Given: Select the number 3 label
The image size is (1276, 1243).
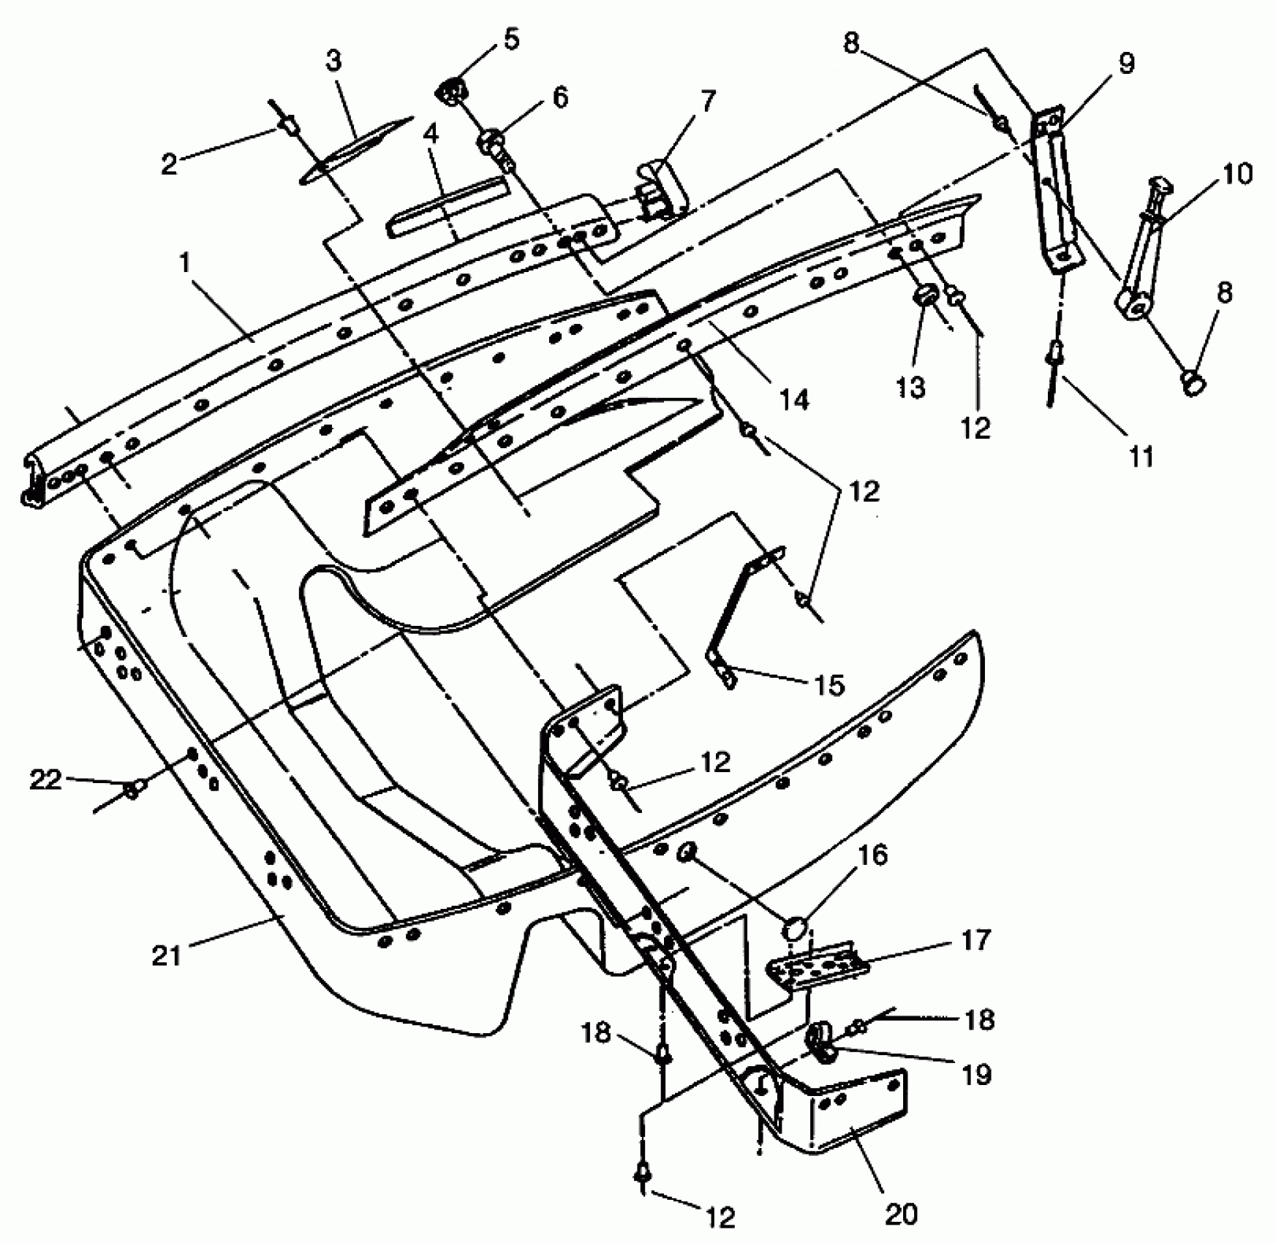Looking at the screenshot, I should click(333, 61).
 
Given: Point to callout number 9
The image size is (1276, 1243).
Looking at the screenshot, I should click(1126, 64).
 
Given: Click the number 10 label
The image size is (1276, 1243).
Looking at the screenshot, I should click(1237, 174).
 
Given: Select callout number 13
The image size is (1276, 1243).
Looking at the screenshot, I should click(910, 387).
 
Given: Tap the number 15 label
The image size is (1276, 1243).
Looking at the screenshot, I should click(828, 686).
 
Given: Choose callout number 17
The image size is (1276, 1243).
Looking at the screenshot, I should click(975, 940).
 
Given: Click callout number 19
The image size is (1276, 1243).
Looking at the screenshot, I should click(976, 1074).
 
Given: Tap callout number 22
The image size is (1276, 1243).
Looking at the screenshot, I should click(45, 780).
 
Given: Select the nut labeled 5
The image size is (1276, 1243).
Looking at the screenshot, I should click(451, 93).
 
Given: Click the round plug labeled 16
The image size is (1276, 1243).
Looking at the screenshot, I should click(796, 929).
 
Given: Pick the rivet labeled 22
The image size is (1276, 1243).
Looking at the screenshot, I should click(134, 788).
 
